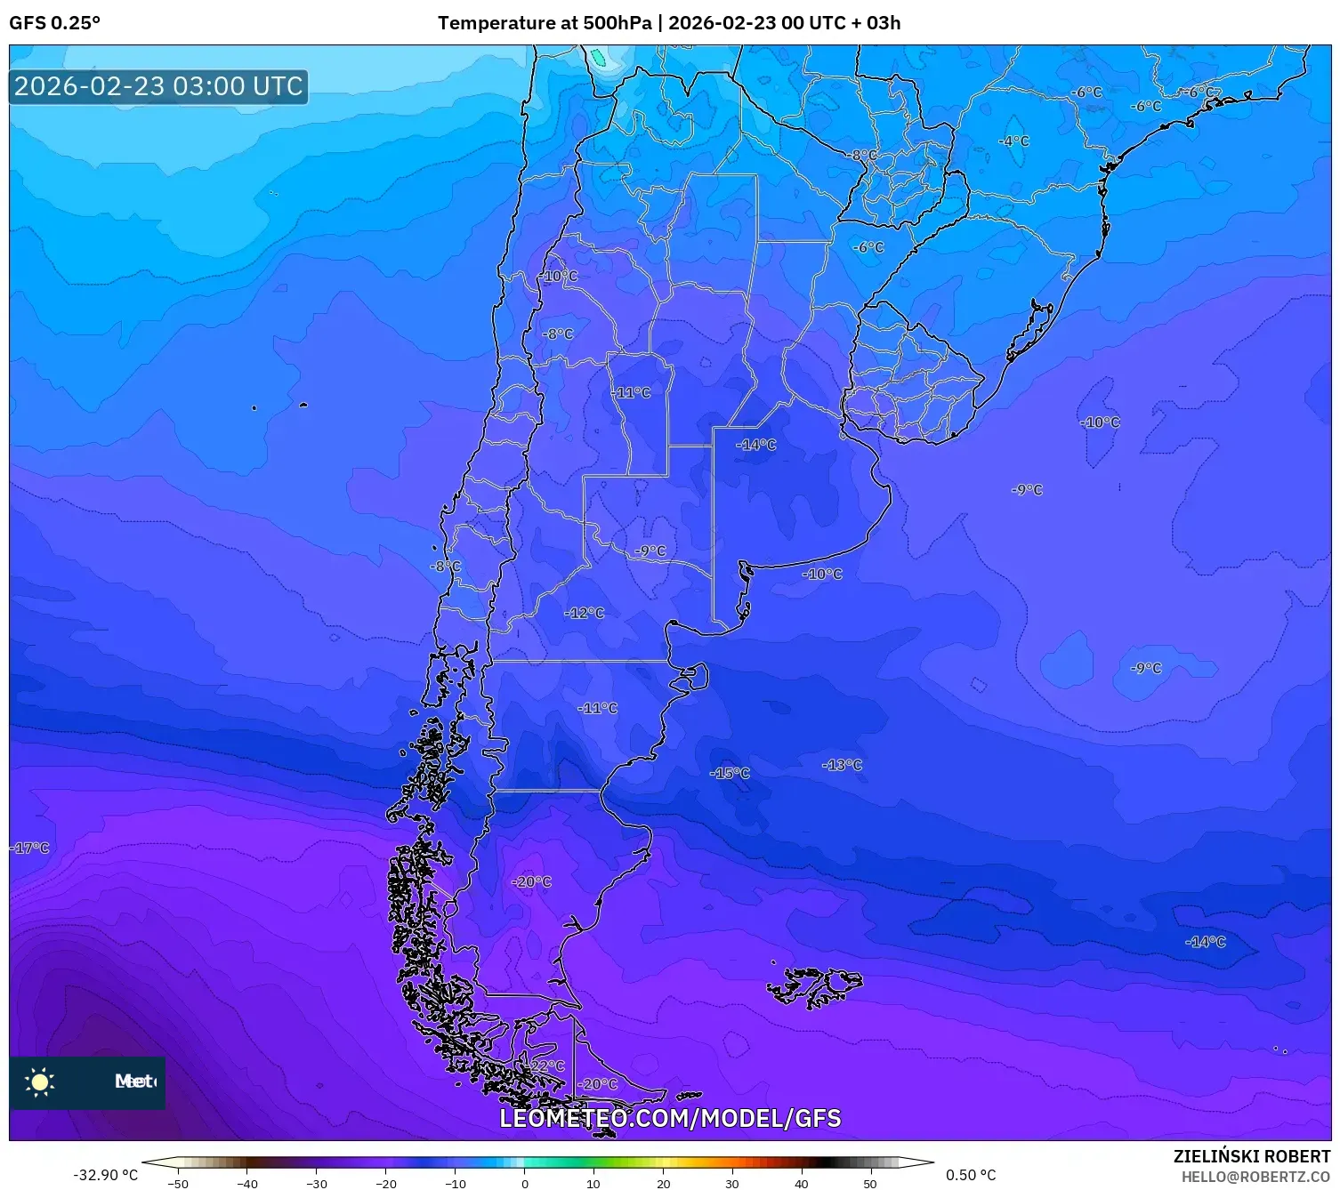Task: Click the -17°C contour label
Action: point(30,848)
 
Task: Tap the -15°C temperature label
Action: point(730,773)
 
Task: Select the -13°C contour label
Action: point(842,765)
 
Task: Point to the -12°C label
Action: point(585,613)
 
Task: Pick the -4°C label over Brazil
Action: point(1013,141)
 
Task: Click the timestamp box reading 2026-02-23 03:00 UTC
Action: point(158,86)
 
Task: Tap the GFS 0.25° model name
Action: point(54,23)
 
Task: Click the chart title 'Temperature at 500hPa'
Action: point(544,23)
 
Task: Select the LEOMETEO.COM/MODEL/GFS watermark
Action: point(670,1118)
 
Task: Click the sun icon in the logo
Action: point(40,1081)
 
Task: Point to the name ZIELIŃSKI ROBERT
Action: point(1251,1156)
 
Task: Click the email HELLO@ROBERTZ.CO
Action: point(1255,1177)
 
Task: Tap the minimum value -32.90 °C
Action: point(105,1175)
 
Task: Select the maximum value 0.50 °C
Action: point(971,1175)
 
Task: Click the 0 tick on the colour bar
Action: point(524,1183)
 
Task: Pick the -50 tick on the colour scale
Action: point(178,1183)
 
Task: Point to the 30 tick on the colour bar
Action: point(731,1183)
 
